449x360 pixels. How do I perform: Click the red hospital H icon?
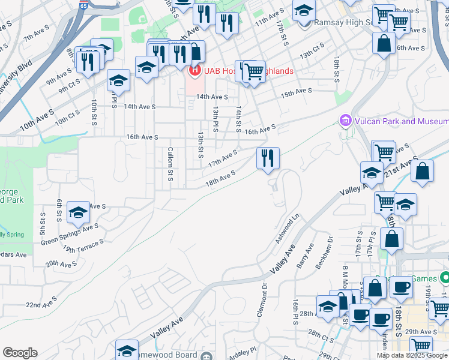tap(194, 71)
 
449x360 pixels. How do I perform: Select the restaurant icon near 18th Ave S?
tap(268, 158)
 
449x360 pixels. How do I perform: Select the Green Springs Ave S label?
tap(70, 234)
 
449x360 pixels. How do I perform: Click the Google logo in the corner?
tap(20, 353)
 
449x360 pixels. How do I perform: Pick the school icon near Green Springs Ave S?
tap(78, 212)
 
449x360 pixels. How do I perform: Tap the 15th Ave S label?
tap(297, 92)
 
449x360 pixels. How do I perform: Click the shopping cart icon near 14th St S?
tap(255, 72)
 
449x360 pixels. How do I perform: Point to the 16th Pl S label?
tap(295, 312)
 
